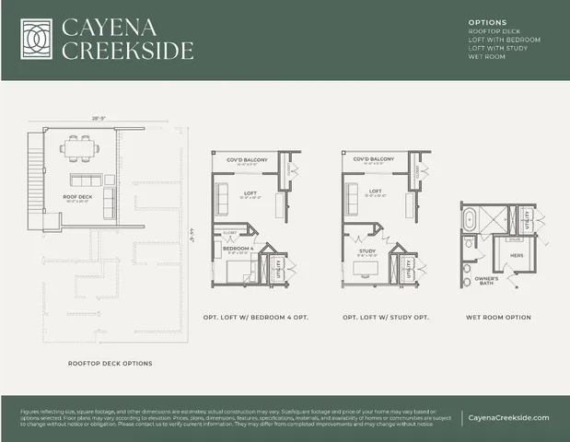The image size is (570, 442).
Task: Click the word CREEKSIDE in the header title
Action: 127,50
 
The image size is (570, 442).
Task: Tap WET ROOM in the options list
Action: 487,57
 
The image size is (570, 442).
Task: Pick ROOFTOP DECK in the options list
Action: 494,31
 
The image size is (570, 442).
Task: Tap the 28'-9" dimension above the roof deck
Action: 99,119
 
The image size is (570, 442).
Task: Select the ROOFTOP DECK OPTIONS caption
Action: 111,363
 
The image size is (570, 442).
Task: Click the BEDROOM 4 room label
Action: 238,248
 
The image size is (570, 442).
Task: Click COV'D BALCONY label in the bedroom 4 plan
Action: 246,159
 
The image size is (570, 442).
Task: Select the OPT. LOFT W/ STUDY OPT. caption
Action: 382,318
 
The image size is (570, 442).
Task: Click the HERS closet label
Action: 517,254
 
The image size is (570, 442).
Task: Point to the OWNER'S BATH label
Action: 486,280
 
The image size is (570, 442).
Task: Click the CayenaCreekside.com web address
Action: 508,417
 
